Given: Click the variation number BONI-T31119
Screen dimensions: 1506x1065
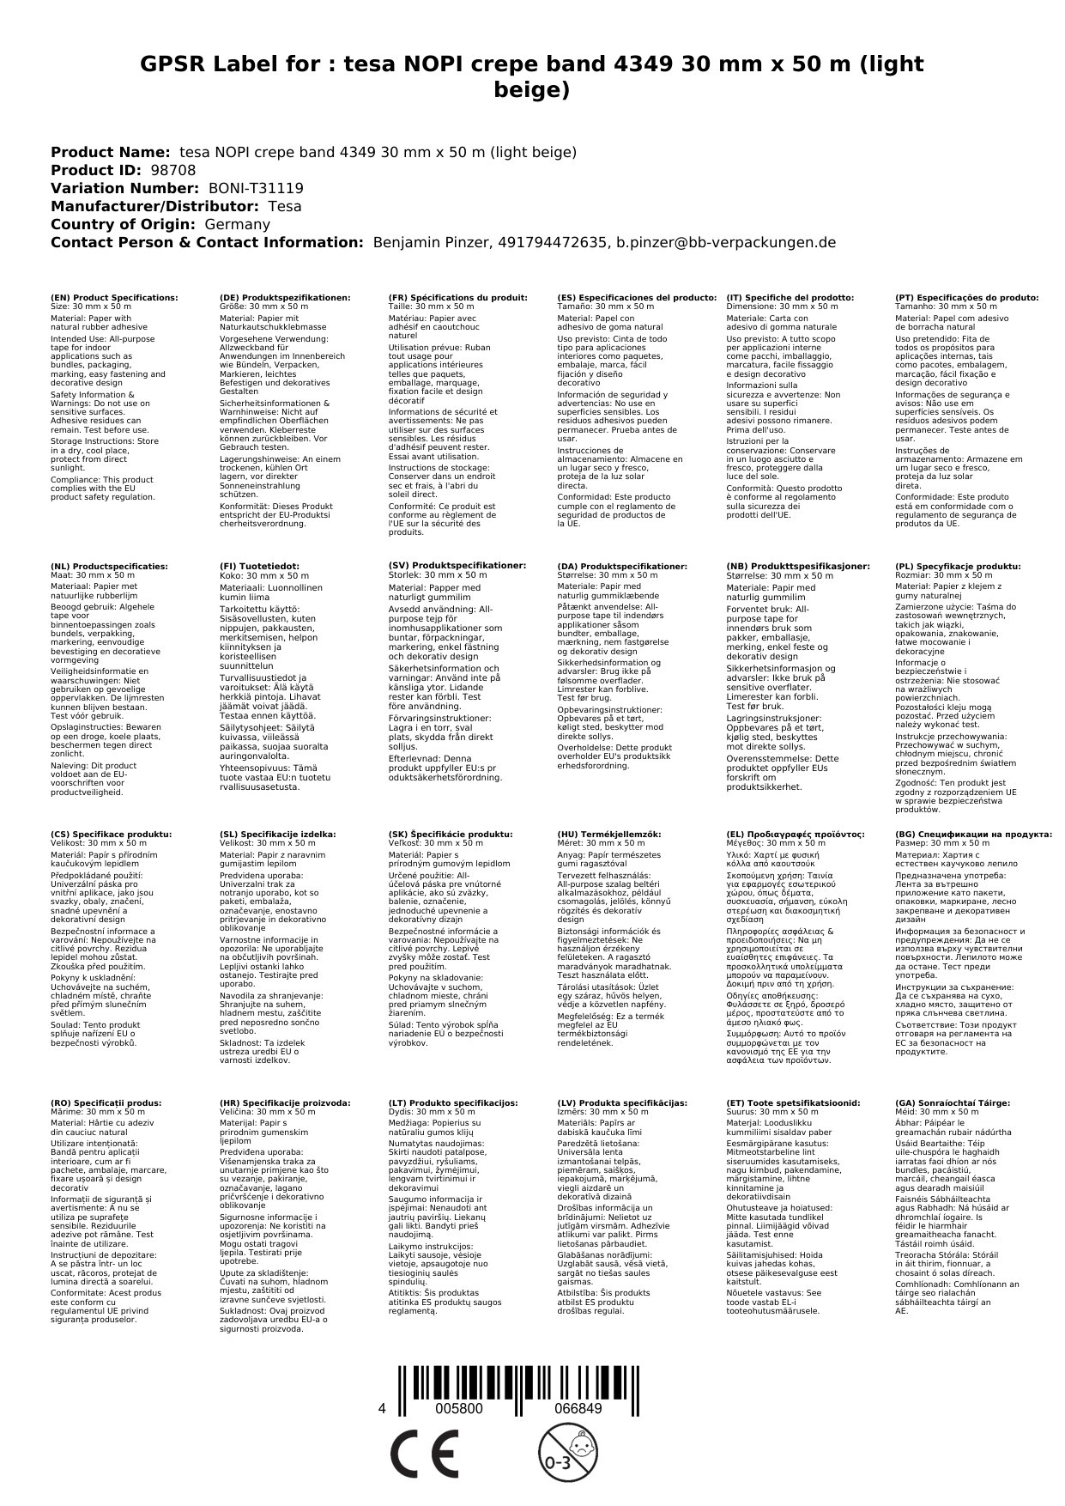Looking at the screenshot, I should point(256,188).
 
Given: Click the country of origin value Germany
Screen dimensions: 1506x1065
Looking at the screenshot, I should point(237,224).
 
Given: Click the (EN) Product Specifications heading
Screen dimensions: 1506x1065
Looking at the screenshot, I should point(114,297).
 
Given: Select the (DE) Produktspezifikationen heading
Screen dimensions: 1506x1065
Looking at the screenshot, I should point(285,297).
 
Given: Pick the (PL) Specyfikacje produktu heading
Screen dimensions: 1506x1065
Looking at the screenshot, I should point(958,567).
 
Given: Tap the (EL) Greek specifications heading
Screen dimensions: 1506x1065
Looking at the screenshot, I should point(796,834).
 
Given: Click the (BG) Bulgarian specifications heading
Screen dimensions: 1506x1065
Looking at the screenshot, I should point(973,834).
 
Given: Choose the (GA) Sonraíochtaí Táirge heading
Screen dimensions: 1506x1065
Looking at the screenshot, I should point(941,1102).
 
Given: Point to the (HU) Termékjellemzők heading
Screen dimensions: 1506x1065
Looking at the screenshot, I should point(609,834).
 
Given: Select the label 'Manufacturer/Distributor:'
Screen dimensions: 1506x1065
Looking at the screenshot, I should point(154,206).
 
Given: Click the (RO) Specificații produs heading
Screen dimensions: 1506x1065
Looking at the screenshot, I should point(106,1102).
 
